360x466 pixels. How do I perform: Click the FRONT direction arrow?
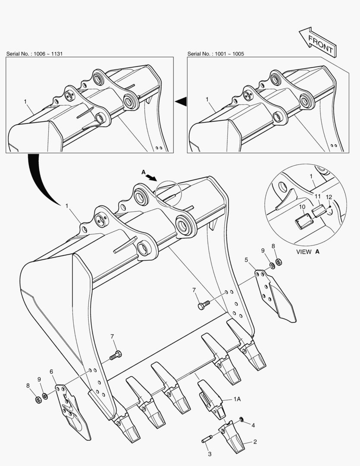[318, 42]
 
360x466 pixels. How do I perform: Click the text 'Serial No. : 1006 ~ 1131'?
[34, 54]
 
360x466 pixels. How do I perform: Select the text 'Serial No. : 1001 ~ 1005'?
[216, 54]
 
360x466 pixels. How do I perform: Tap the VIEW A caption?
[308, 252]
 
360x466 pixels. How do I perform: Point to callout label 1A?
[237, 399]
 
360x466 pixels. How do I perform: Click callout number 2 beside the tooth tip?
[255, 442]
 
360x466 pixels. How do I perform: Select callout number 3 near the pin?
[210, 454]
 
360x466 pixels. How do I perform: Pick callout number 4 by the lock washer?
[253, 425]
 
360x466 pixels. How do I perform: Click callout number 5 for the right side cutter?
[246, 260]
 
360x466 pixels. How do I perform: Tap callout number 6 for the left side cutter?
[51, 372]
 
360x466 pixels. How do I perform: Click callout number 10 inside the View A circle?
[302, 207]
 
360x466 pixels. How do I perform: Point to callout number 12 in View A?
[329, 197]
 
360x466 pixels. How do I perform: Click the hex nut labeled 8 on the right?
[279, 262]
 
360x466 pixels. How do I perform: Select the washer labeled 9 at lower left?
[45, 396]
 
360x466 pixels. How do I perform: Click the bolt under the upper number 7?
[203, 305]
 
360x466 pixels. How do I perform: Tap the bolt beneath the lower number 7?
[116, 355]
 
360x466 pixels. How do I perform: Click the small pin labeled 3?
[207, 439]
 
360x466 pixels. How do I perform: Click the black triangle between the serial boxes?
[181, 102]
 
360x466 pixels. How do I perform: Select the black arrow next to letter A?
[151, 177]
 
